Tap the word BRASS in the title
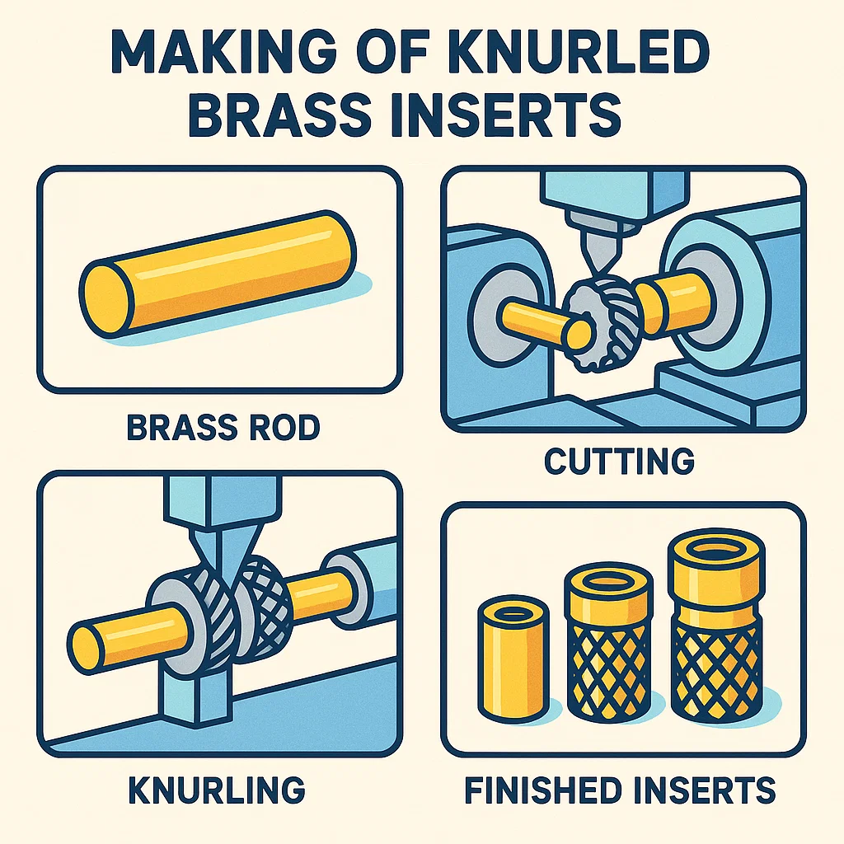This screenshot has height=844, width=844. pyautogui.click(x=280, y=115)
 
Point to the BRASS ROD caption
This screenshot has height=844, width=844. pyautogui.click(x=223, y=428)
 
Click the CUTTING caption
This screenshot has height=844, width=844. pyautogui.click(x=620, y=462)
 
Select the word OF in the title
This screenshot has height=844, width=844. pyautogui.click(x=388, y=52)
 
